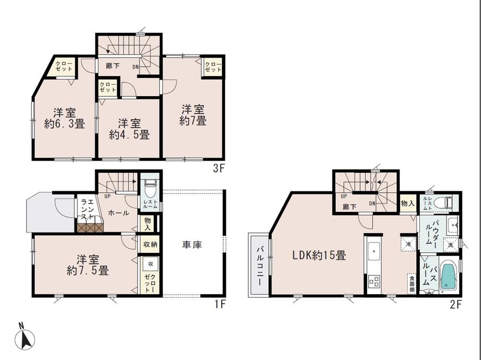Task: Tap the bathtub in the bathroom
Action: click(x=448, y=276)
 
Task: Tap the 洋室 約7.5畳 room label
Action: click(x=87, y=265)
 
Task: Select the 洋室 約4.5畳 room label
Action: click(x=129, y=129)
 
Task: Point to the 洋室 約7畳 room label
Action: click(x=193, y=115)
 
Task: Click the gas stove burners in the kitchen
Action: click(x=374, y=281)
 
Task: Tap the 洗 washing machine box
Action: click(x=450, y=244)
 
